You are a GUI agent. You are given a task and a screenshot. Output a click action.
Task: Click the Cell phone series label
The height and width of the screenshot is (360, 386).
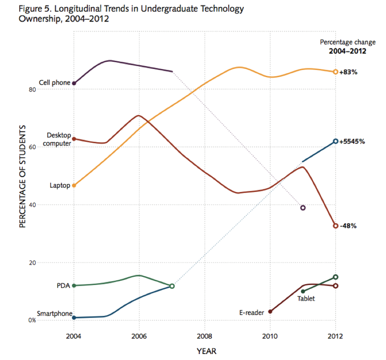[x=54, y=83]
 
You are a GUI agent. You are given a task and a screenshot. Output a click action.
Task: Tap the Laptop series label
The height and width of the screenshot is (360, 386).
[x=59, y=185]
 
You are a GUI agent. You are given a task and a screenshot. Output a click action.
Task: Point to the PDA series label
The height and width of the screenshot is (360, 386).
[x=63, y=285]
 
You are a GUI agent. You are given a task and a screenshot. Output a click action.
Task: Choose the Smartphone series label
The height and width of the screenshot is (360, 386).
[x=54, y=314]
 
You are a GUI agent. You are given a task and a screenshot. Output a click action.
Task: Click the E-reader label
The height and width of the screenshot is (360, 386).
[x=251, y=312]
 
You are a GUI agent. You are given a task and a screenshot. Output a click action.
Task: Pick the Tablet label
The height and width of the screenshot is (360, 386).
[x=306, y=299]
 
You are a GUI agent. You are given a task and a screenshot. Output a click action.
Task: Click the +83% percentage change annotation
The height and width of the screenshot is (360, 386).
[x=349, y=72]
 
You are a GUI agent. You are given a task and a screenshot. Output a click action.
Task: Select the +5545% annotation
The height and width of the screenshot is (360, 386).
[x=352, y=141]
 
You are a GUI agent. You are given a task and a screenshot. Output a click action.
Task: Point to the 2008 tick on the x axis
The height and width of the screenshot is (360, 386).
[x=205, y=336]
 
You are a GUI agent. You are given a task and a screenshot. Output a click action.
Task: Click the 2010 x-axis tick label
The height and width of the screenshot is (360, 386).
[x=270, y=336]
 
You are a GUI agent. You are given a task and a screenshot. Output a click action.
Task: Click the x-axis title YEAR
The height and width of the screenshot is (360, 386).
[x=205, y=350]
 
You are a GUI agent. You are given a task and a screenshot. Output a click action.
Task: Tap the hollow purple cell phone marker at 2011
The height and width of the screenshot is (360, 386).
[x=303, y=208]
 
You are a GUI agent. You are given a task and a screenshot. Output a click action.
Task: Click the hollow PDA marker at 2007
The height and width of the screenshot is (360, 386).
[x=172, y=286]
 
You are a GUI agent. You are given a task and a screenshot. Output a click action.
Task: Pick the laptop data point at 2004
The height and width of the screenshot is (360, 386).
[x=74, y=185]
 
